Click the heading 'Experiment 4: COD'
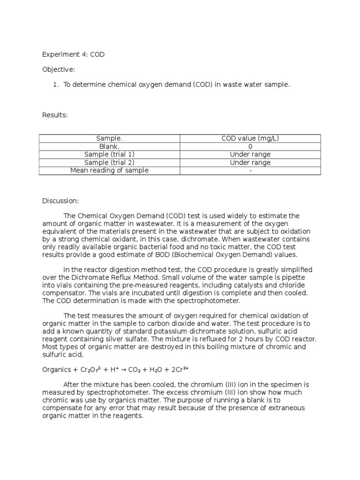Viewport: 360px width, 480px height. (x=74, y=54)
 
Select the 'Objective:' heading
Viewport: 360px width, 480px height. (x=59, y=69)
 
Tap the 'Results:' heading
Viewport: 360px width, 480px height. (x=55, y=115)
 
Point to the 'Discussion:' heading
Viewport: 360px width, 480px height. (x=61, y=201)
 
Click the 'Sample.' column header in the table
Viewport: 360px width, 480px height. (x=109, y=138)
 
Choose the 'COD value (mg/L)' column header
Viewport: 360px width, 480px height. (x=251, y=138)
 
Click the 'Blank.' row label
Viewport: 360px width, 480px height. (x=109, y=146)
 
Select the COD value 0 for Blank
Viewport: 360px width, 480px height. (x=251, y=146)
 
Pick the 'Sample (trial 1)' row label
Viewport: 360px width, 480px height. (x=109, y=154)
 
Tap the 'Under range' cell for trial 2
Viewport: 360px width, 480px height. (x=251, y=162)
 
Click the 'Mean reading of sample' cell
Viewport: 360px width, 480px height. (x=109, y=170)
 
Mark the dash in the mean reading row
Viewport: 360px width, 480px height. (x=251, y=170)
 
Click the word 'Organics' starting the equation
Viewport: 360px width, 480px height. (x=56, y=369)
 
